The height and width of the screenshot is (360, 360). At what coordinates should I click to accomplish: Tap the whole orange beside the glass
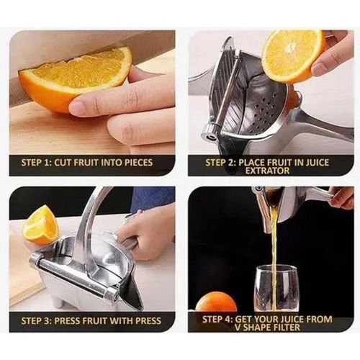click(216, 302)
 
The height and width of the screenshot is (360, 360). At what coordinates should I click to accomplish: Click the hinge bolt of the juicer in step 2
click(211, 130)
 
